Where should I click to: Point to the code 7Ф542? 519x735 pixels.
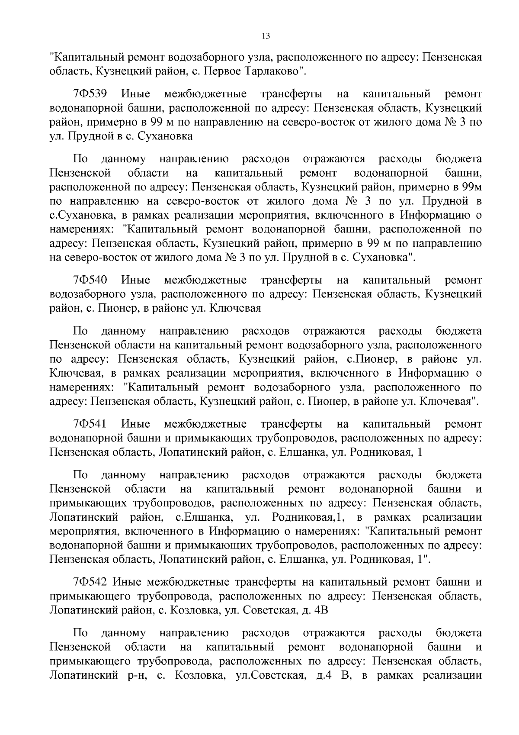pyautogui.click(x=90, y=581)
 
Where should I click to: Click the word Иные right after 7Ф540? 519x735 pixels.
pyautogui.click(x=136, y=280)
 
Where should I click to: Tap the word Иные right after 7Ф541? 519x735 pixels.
pyautogui.click(x=136, y=424)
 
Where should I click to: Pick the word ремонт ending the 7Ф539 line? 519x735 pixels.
pyautogui.click(x=463, y=94)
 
